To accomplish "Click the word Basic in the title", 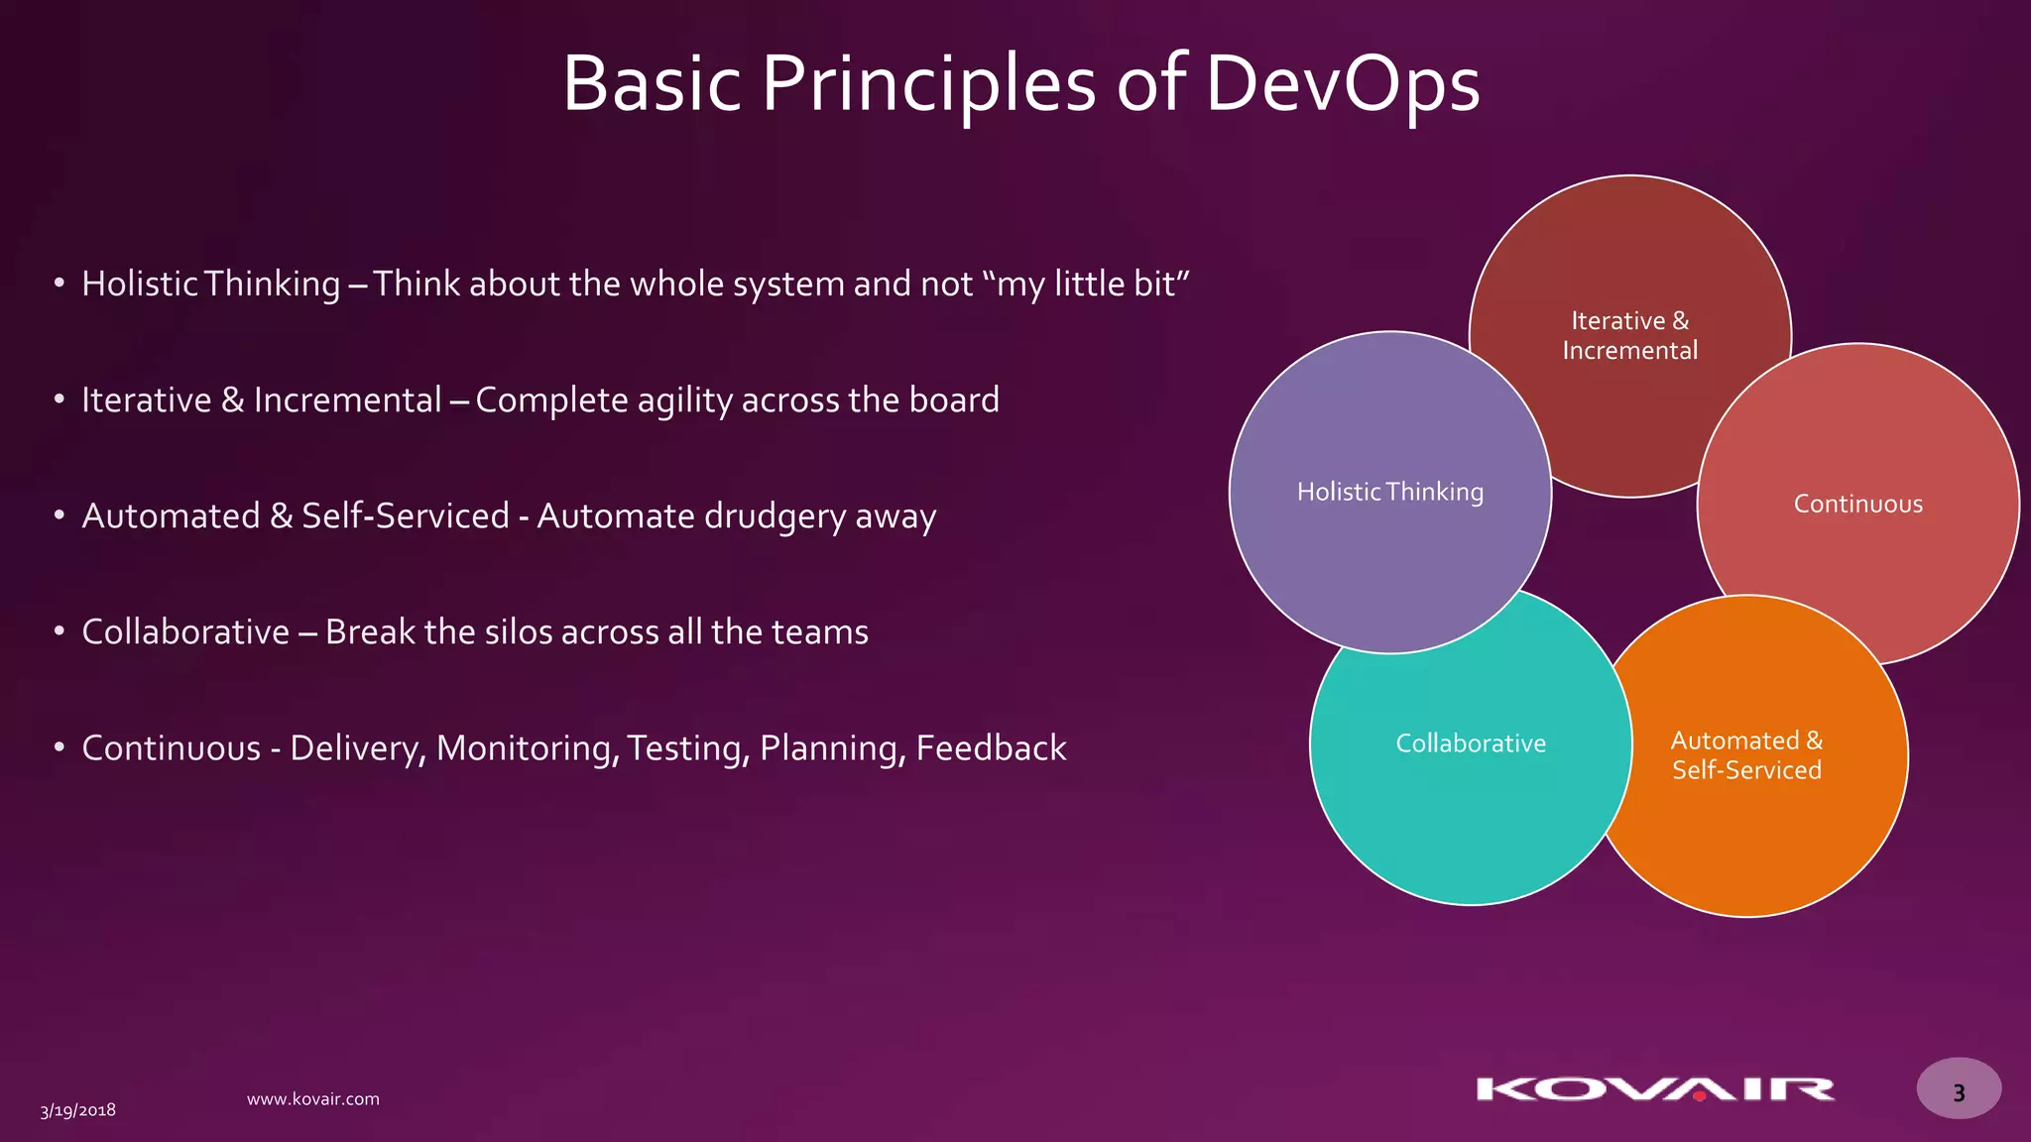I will point(652,83).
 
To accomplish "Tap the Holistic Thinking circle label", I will point(1389,492).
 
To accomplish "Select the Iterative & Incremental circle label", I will point(1629,335).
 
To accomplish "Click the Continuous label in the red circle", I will point(1857,504).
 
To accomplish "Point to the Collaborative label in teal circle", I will point(1471,743).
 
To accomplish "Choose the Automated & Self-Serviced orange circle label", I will point(1746,755).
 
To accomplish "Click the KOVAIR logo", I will point(1655,1089).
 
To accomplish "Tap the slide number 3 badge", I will point(1959,1090).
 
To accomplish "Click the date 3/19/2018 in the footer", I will point(78,1110).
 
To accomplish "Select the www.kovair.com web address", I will point(312,1098).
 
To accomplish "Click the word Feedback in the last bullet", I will point(991,748).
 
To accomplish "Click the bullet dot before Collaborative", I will point(60,630).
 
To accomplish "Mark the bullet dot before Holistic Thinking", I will point(60,283).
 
